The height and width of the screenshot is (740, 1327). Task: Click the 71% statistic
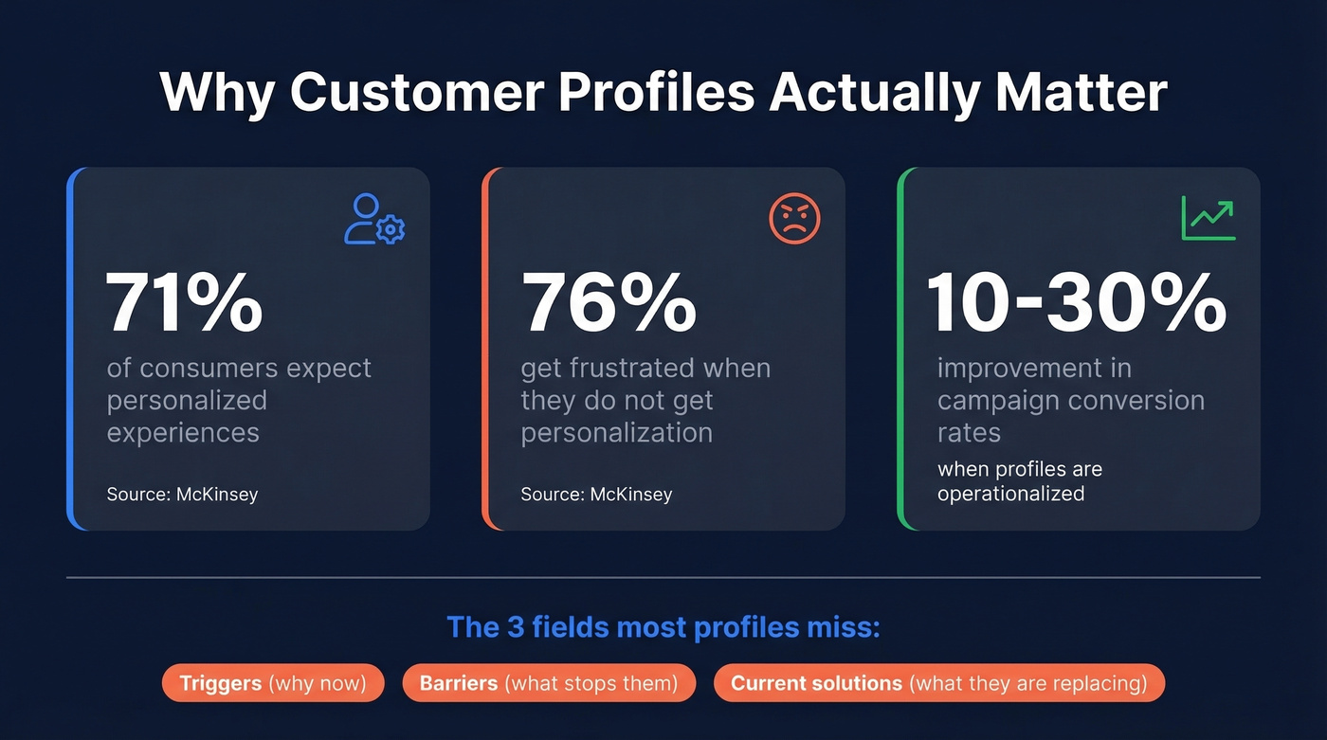184,302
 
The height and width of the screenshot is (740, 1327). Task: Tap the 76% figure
609,302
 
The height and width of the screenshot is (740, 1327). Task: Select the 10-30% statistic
1076,302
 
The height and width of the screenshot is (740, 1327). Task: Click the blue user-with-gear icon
373,219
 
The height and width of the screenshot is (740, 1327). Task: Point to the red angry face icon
793,219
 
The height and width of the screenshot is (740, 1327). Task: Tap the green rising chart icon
1208,219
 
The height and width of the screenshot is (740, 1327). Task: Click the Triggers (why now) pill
273,683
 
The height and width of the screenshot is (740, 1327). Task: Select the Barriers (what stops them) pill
549,683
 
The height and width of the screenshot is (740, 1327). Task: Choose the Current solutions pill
938,683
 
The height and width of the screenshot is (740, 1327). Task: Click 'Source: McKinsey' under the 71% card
182,494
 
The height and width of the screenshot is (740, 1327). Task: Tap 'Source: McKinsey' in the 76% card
596,494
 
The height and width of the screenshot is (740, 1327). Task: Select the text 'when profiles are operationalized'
1019,481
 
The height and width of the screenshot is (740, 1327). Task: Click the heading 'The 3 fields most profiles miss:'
663,627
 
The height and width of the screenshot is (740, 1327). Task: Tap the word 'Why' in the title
217,92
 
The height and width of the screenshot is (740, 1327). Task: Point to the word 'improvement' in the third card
1034,368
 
